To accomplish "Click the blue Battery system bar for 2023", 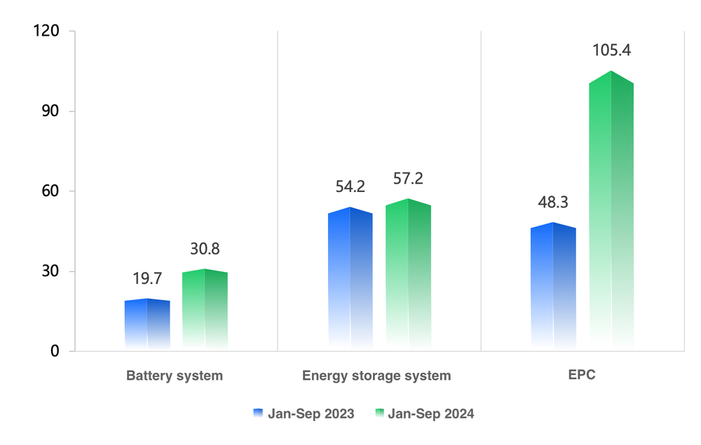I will tap(147, 324).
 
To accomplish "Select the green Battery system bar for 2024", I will tap(205, 309).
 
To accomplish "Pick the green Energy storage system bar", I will tap(408, 274).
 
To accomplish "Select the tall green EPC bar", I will tap(611, 210).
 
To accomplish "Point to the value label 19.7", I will tap(147, 279).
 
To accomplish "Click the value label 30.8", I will tap(205, 249).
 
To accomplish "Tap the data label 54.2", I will tap(350, 186).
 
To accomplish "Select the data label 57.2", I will tap(408, 179).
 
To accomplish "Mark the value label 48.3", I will tap(553, 203).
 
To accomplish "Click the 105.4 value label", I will tap(611, 50).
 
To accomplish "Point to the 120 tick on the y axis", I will tap(48, 32).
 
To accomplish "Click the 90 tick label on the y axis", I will tap(50, 111).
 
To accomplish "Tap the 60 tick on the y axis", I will tap(50, 191).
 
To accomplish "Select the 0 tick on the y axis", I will tap(54, 351).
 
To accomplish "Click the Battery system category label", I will tap(175, 376).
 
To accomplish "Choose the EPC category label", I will tap(582, 375).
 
